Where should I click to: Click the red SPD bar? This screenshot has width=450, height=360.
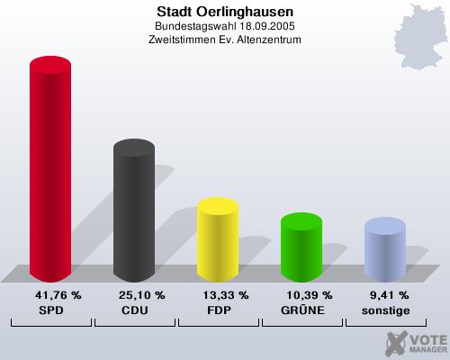50,171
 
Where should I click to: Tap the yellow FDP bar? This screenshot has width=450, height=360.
217,240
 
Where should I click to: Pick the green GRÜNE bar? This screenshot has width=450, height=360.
301,247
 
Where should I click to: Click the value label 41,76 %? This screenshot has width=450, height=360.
58,294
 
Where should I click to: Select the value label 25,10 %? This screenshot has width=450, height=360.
141,294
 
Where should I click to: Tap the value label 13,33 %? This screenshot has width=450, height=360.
225,294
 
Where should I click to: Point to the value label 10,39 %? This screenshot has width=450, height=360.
309,294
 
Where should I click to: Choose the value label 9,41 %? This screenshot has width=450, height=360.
390,294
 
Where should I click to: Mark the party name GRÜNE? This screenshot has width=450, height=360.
303,310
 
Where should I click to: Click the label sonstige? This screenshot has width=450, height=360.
387,310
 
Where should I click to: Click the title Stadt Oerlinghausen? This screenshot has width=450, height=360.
225,13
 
